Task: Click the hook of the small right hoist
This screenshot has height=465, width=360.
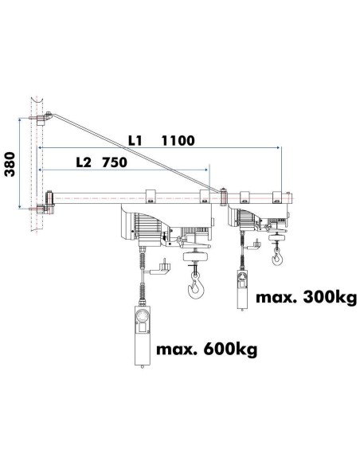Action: click(277, 256)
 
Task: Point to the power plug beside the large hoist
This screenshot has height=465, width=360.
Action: click(165, 267)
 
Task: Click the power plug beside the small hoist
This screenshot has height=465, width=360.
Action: click(257, 243)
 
